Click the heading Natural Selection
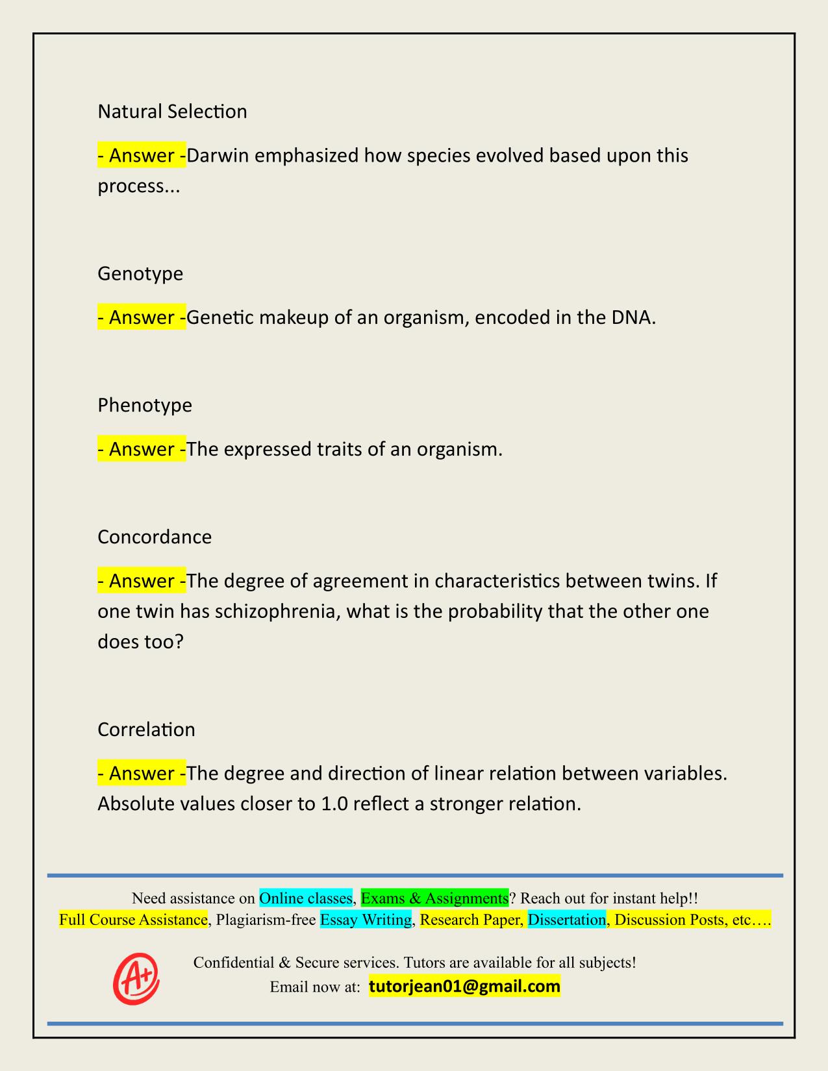pos(172,112)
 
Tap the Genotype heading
pos(140,273)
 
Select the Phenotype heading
pos(145,405)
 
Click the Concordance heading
pos(155,537)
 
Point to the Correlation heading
pos(146,730)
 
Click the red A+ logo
pos(136,978)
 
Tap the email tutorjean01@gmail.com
pos(464,987)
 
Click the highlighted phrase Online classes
pos(306,898)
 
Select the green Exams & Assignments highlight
pos(434,898)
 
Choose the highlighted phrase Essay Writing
pos(366,920)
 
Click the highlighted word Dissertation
pos(566,920)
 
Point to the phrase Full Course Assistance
pos(133,920)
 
